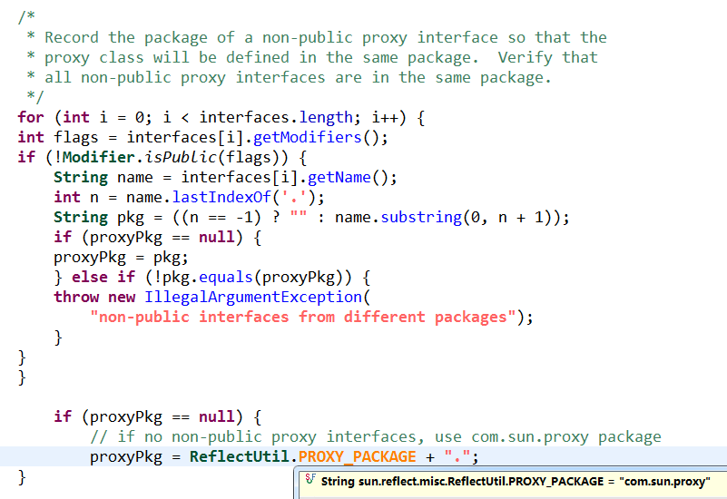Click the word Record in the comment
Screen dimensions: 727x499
pyautogui.click(x=72, y=37)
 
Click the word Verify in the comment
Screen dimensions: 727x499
pyautogui.click(x=526, y=57)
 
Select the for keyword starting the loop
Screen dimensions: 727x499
pyautogui.click(x=31, y=117)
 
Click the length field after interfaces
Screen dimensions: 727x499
pyautogui.click(x=326, y=117)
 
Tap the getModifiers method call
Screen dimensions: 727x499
pyautogui.click(x=308, y=137)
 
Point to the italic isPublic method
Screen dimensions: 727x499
pyautogui.click(x=181, y=157)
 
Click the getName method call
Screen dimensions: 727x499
pyautogui.click(x=339, y=177)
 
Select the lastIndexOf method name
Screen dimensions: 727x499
pyautogui.click(x=221, y=197)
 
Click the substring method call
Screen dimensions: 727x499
pyautogui.click(x=421, y=217)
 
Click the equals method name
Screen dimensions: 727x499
pyautogui.click(x=226, y=277)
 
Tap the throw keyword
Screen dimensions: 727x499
pyautogui.click(x=76, y=297)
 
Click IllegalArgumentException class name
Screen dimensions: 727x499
pyautogui.click(x=253, y=297)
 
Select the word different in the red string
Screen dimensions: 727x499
pyautogui.click(x=384, y=317)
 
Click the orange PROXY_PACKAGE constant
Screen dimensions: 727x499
pyautogui.click(x=357, y=457)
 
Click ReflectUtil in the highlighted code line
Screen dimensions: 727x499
pyautogui.click(x=240, y=456)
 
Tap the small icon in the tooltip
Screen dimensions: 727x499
pyautogui.click(x=310, y=479)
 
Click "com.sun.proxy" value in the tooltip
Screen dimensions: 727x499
pyautogui.click(x=664, y=482)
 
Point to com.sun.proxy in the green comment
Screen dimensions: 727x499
pyautogui.click(x=530, y=437)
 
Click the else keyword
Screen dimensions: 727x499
pyautogui.click(x=90, y=277)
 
